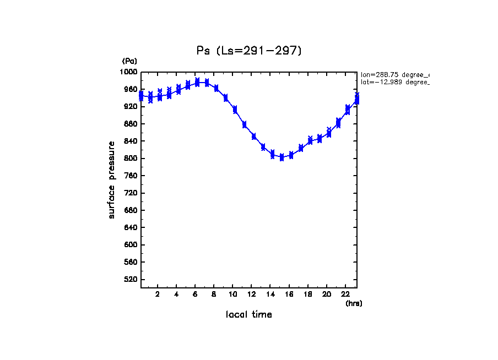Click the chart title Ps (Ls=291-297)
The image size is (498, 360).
point(249,51)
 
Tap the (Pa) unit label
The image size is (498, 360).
point(129,61)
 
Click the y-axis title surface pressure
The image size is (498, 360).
point(112,179)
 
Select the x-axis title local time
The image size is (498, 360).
point(248,315)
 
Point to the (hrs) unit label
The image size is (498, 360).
point(354,303)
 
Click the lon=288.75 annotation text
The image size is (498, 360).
point(394,74)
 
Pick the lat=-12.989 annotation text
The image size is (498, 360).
point(394,82)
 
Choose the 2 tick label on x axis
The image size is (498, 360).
point(158,294)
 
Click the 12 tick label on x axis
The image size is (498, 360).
point(252,294)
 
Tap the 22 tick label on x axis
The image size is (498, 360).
point(345,294)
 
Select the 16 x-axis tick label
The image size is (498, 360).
point(289,294)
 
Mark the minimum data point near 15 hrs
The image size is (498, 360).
point(282,157)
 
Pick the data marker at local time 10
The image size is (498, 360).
point(235,110)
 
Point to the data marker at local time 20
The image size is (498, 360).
point(329,133)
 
